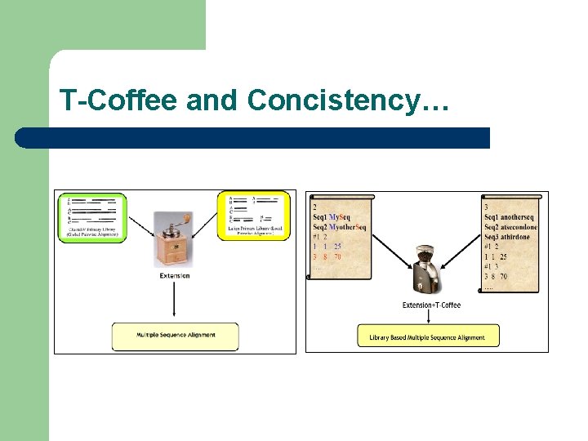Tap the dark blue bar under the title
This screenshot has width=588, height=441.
click(x=253, y=137)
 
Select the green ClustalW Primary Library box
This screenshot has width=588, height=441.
click(x=91, y=216)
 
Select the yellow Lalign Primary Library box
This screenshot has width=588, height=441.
click(x=253, y=216)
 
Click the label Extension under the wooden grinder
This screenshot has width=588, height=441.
click(x=175, y=275)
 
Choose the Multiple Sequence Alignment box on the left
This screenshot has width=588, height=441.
click(x=175, y=335)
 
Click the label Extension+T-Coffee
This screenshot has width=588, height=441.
click(x=431, y=305)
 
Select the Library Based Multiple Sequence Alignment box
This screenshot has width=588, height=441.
click(x=428, y=336)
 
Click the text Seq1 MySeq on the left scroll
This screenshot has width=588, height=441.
click(x=332, y=217)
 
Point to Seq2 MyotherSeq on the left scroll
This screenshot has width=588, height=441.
click(x=340, y=227)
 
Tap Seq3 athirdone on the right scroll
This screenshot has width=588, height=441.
click(x=506, y=237)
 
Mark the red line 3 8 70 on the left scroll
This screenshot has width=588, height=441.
click(x=327, y=256)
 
